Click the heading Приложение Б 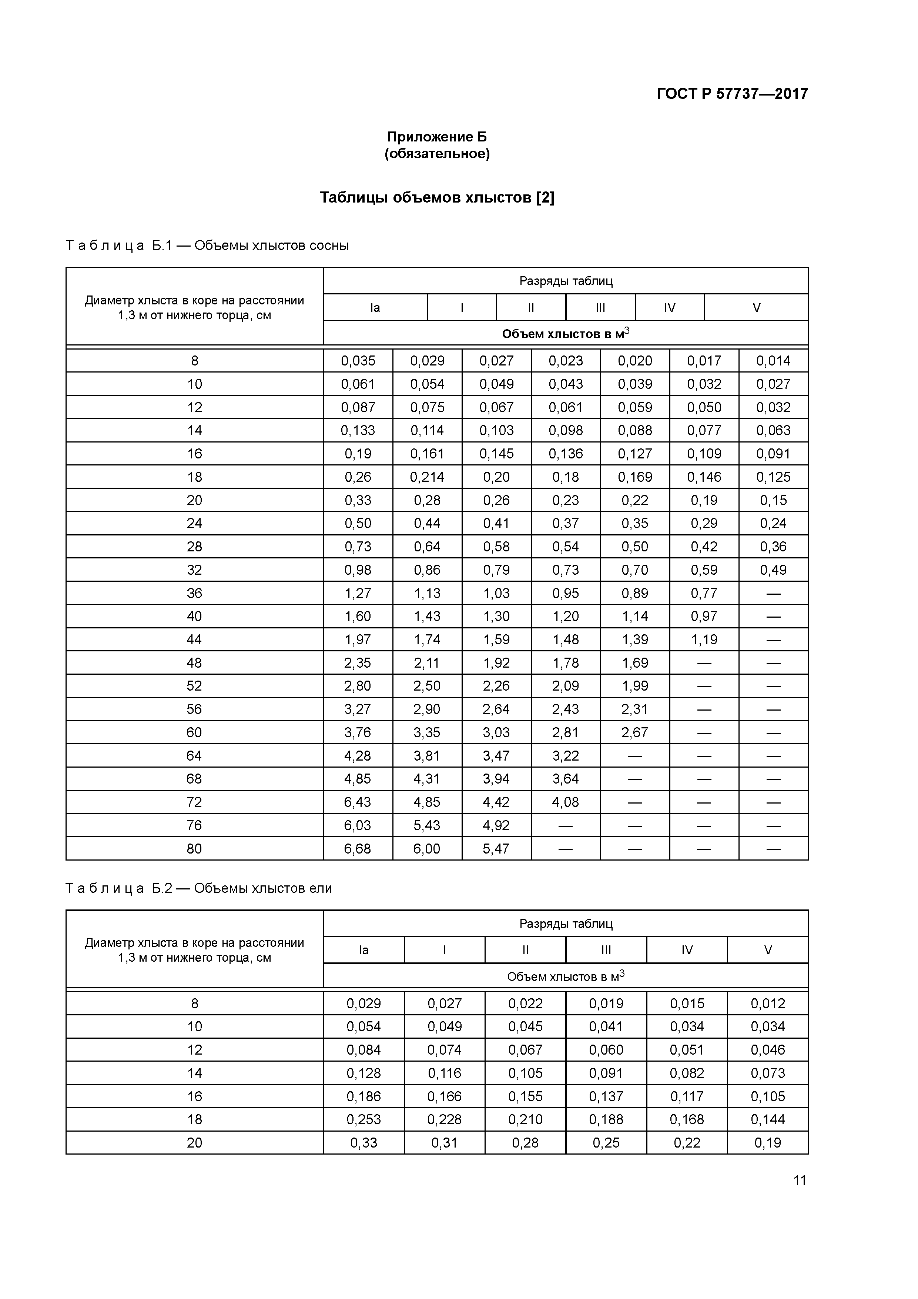437,137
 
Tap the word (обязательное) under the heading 437,154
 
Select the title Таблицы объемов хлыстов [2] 437,197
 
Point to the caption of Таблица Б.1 207,246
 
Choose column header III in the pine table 600,308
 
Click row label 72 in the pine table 194,802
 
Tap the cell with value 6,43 358,802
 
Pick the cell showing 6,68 358,849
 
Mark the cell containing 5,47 496,849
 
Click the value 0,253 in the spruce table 364,1120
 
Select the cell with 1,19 704,640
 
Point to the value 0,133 358,431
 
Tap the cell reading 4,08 566,802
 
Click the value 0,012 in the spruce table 768,1004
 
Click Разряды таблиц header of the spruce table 566,924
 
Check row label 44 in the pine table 194,640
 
